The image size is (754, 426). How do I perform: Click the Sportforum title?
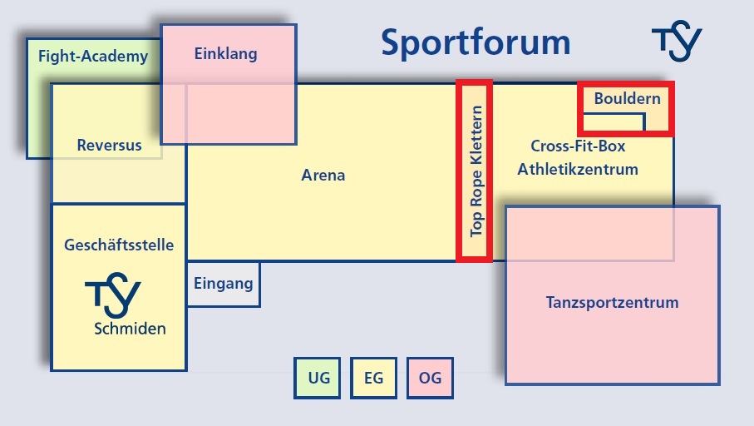coord(476,43)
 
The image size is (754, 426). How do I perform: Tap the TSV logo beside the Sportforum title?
coord(677,41)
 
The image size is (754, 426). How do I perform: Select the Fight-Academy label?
coord(93,57)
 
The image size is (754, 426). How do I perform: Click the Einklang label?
coord(225,53)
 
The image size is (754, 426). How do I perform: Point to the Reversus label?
coord(109,145)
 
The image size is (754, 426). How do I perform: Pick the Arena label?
coord(323,175)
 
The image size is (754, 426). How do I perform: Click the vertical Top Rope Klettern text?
coord(476,171)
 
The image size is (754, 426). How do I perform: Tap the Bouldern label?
coord(627,98)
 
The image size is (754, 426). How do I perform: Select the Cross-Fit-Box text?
coord(578,146)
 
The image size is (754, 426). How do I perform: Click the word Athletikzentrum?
coord(578,169)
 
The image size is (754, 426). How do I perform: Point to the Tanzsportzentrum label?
coord(612,302)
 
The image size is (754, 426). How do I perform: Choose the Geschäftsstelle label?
coord(119,245)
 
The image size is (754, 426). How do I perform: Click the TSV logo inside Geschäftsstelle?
coord(113,295)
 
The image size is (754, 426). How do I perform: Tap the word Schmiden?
coord(130,329)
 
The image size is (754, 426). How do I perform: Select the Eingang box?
coord(224,284)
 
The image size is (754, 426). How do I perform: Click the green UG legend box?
coord(317,378)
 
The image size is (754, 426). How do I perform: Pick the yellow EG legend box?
coord(373,378)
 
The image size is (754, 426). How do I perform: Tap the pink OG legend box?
coord(430,378)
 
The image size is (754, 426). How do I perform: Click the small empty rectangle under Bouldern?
coord(614,122)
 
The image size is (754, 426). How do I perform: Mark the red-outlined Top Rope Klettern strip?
coord(474,171)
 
